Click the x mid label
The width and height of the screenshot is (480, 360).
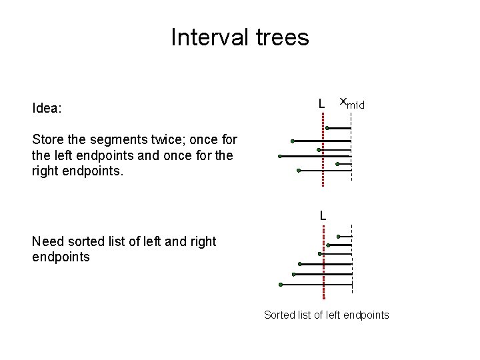(351, 103)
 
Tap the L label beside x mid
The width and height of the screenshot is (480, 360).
(321, 104)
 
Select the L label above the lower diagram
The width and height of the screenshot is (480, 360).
(323, 215)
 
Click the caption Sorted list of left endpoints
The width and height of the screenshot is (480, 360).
(326, 315)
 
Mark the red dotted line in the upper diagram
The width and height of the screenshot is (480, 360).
(323, 151)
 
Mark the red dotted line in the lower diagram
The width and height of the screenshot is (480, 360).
(323, 263)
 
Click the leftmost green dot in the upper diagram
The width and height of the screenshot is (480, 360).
(280, 156)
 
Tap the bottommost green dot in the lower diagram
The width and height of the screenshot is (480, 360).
(281, 285)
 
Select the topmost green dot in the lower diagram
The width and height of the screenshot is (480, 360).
(339, 236)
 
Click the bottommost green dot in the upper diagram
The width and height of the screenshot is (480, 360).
(298, 171)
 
